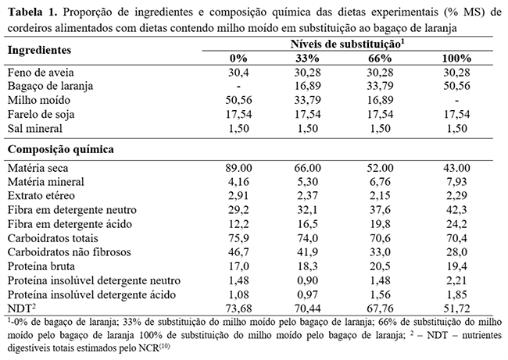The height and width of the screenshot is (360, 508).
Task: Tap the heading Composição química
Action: (59, 148)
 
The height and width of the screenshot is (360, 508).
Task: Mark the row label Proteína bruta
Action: (44, 266)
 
